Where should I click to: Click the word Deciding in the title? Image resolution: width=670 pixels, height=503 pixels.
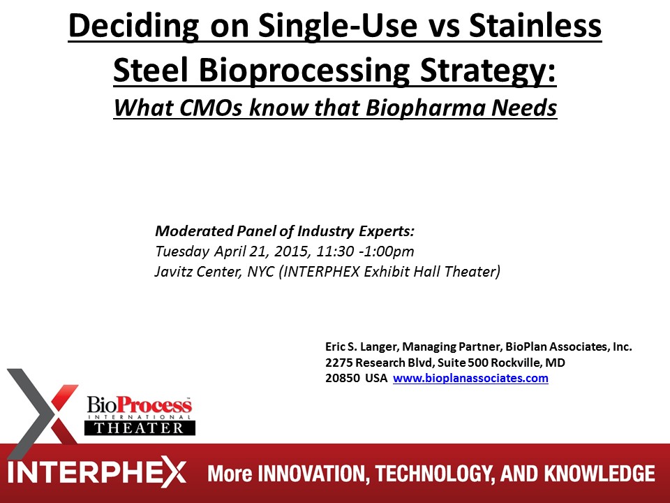pyautogui.click(x=134, y=26)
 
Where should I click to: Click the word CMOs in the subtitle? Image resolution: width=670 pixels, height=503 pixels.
pyautogui.click(x=212, y=108)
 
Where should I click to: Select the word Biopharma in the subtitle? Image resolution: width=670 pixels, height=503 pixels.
pyautogui.click(x=425, y=108)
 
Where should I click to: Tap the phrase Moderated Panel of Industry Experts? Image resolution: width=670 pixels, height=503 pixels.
pyautogui.click(x=285, y=231)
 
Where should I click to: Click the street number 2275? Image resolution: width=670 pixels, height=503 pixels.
pyautogui.click(x=339, y=363)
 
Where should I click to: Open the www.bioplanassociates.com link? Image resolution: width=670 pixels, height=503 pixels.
pyautogui.click(x=470, y=379)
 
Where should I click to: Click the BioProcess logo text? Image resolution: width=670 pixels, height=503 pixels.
pyautogui.click(x=140, y=404)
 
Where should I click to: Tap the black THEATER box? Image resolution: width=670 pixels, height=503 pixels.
pyautogui.click(x=140, y=428)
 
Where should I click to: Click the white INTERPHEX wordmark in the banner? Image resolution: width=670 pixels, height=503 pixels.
pyautogui.click(x=96, y=473)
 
